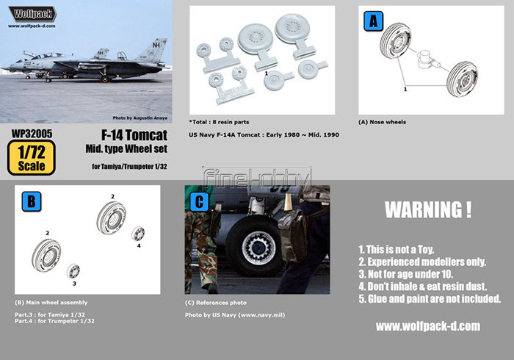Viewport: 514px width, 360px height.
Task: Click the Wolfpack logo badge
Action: click(x=32, y=14)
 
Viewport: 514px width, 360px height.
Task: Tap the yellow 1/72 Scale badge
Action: click(x=32, y=158)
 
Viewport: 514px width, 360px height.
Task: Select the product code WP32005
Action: click(x=32, y=134)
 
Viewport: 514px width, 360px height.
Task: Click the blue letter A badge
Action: click(x=373, y=21)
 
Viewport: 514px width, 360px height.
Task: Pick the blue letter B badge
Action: click(x=32, y=201)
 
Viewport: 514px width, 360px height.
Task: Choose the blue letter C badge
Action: click(x=199, y=201)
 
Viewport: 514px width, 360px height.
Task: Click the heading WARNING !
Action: click(x=428, y=210)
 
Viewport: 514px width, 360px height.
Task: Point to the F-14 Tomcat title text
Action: click(x=134, y=135)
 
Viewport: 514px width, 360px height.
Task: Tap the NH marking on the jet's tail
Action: click(x=156, y=45)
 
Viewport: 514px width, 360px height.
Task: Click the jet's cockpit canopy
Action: click(x=49, y=56)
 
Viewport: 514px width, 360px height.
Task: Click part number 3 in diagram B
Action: click(x=74, y=284)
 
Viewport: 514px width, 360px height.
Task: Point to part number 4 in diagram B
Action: click(x=139, y=245)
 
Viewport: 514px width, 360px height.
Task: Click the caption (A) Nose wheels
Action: click(x=383, y=122)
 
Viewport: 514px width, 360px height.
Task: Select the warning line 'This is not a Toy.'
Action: click(x=397, y=250)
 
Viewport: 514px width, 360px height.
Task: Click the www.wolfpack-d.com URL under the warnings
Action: click(x=428, y=326)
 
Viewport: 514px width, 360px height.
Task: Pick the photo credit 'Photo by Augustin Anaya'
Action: click(x=140, y=118)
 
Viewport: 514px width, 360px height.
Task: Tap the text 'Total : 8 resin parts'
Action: click(x=219, y=122)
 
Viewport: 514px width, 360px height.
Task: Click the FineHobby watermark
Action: click(x=257, y=179)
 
